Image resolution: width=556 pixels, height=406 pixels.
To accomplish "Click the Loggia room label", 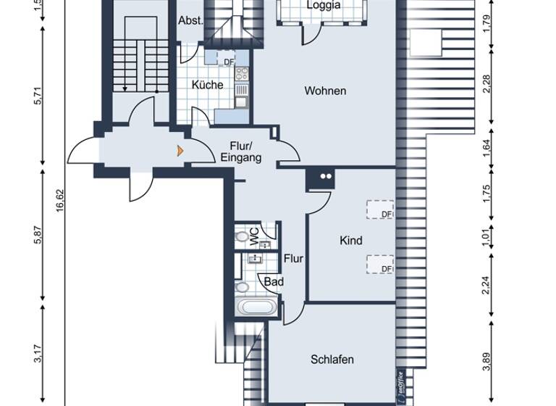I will pos(323,5).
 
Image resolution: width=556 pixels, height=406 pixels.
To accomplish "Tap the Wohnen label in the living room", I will pos(325,91).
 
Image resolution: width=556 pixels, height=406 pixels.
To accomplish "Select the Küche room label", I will pos(207,86).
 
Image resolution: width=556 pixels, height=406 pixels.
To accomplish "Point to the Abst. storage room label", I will pos(191,21).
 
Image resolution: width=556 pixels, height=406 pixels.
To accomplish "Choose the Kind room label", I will pos(351,241).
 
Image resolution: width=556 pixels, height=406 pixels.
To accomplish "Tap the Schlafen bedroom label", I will pos(332,360).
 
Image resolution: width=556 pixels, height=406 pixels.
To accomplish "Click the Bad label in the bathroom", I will pos(274,282).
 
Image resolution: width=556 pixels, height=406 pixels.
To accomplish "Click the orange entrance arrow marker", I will pos(180,151).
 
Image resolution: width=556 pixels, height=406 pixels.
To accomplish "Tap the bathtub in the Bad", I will pos(257,307).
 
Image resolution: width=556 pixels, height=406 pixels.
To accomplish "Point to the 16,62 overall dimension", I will pos(61,200).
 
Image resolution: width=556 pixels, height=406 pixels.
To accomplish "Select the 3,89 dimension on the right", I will pos(486,361).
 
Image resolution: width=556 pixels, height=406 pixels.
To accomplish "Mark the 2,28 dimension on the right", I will pos(486,84).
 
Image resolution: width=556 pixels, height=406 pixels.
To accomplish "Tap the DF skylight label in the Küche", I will pos(229,62).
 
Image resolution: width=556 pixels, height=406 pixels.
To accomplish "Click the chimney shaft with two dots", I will pos(321,176).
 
